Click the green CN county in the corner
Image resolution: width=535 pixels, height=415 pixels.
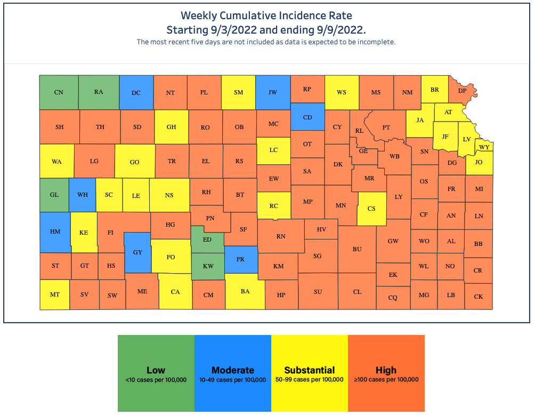(59, 92)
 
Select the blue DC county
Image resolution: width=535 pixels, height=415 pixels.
(136, 93)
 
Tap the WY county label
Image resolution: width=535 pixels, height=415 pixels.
(484, 147)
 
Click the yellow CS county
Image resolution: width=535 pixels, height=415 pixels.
(372, 209)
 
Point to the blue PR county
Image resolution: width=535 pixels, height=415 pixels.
(240, 259)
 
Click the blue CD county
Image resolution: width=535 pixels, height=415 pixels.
(307, 117)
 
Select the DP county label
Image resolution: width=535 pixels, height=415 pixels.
(462, 91)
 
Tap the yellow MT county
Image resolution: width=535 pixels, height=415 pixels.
(54, 294)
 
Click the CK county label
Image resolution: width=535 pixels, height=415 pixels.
(478, 297)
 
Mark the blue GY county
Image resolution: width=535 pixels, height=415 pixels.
(137, 252)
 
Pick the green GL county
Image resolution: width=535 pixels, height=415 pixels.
(54, 195)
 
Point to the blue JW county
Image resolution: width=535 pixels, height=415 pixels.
(273, 92)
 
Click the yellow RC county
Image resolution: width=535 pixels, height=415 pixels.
(273, 206)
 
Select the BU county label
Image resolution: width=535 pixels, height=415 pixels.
(357, 249)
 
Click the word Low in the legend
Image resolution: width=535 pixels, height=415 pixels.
(156, 370)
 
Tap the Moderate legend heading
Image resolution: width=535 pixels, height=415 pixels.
(233, 370)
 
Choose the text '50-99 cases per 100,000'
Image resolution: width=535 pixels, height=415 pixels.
(310, 380)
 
